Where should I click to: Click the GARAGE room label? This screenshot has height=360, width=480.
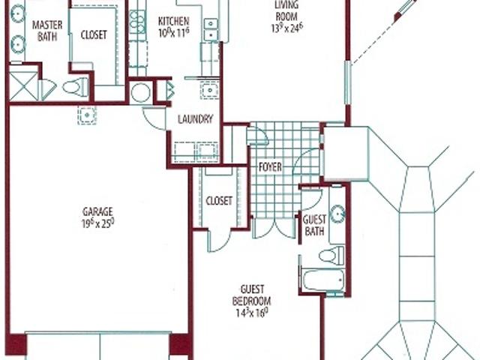(97, 211)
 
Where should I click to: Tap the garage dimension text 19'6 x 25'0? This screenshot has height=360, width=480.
(97, 223)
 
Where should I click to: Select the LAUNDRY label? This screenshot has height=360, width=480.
(195, 119)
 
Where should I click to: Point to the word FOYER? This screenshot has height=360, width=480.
(270, 167)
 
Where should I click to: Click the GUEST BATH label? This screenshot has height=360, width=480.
(314, 225)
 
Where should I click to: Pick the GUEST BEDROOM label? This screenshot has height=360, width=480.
(252, 295)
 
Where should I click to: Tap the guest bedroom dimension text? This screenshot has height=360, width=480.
(252, 313)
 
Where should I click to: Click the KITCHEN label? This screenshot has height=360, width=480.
(173, 22)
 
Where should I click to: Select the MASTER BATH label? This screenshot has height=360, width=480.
(47, 31)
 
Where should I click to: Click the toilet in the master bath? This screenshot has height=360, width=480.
(76, 86)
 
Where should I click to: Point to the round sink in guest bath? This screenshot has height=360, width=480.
(337, 211)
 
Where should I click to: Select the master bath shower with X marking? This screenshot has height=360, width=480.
(24, 86)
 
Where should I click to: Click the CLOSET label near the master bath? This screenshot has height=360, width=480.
(94, 35)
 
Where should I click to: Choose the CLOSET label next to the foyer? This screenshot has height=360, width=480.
(219, 201)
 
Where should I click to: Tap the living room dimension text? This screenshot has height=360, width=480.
(287, 28)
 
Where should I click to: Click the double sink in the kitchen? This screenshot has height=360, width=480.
(211, 29)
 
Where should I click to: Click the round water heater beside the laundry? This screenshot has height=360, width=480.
(140, 92)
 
